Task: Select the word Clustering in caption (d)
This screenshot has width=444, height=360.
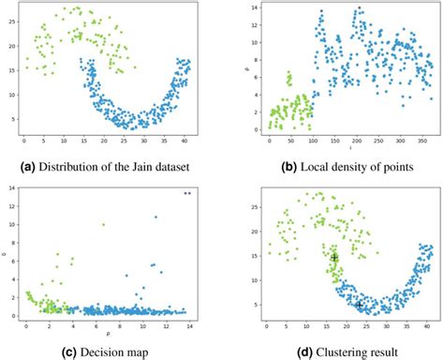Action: click(325, 352)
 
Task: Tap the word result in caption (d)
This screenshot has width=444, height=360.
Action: click(376, 352)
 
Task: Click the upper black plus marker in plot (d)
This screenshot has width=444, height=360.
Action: click(334, 257)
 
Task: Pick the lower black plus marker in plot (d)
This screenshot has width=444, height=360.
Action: click(359, 304)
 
